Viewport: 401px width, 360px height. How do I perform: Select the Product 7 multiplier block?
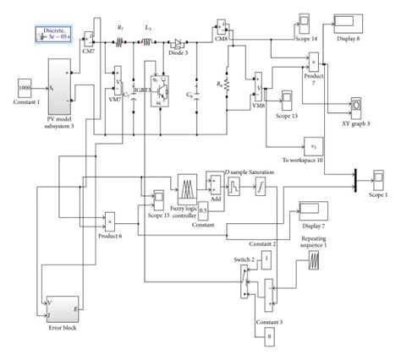pyautogui.click(x=315, y=63)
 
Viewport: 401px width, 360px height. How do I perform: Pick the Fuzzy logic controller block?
pyautogui.click(x=187, y=187)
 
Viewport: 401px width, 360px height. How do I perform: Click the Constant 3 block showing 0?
pyautogui.click(x=268, y=337)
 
